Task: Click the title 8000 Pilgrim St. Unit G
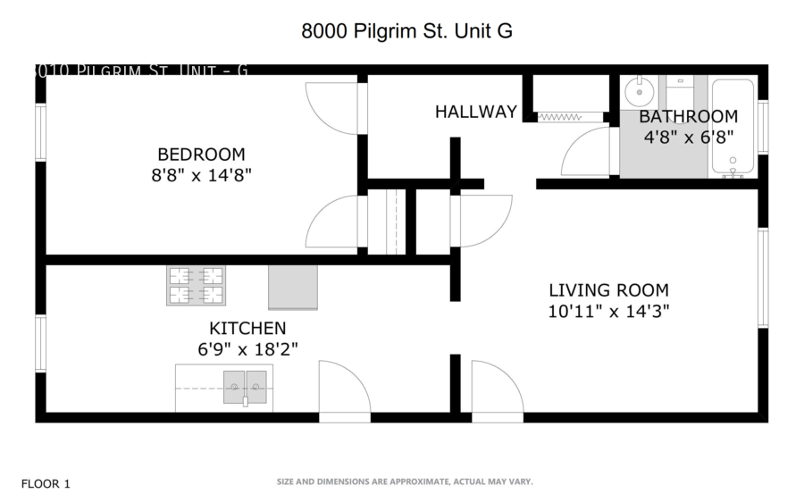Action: click(x=406, y=31)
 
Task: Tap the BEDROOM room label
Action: click(x=201, y=154)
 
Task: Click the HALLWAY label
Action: click(x=475, y=112)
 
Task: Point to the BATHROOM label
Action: click(x=688, y=116)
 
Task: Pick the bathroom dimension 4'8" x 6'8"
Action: click(x=688, y=137)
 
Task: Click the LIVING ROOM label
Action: click(x=608, y=290)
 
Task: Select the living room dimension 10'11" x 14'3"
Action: click(x=608, y=311)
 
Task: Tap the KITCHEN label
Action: click(x=247, y=329)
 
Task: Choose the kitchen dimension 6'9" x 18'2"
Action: click(x=247, y=349)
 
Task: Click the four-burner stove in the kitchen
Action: click(x=195, y=286)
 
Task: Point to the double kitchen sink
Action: click(x=245, y=386)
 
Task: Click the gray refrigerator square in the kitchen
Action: click(x=293, y=287)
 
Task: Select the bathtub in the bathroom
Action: click(x=733, y=127)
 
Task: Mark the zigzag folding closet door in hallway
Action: click(x=560, y=116)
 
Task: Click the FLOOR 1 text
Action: click(x=45, y=484)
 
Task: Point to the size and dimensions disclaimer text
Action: click(x=405, y=481)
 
